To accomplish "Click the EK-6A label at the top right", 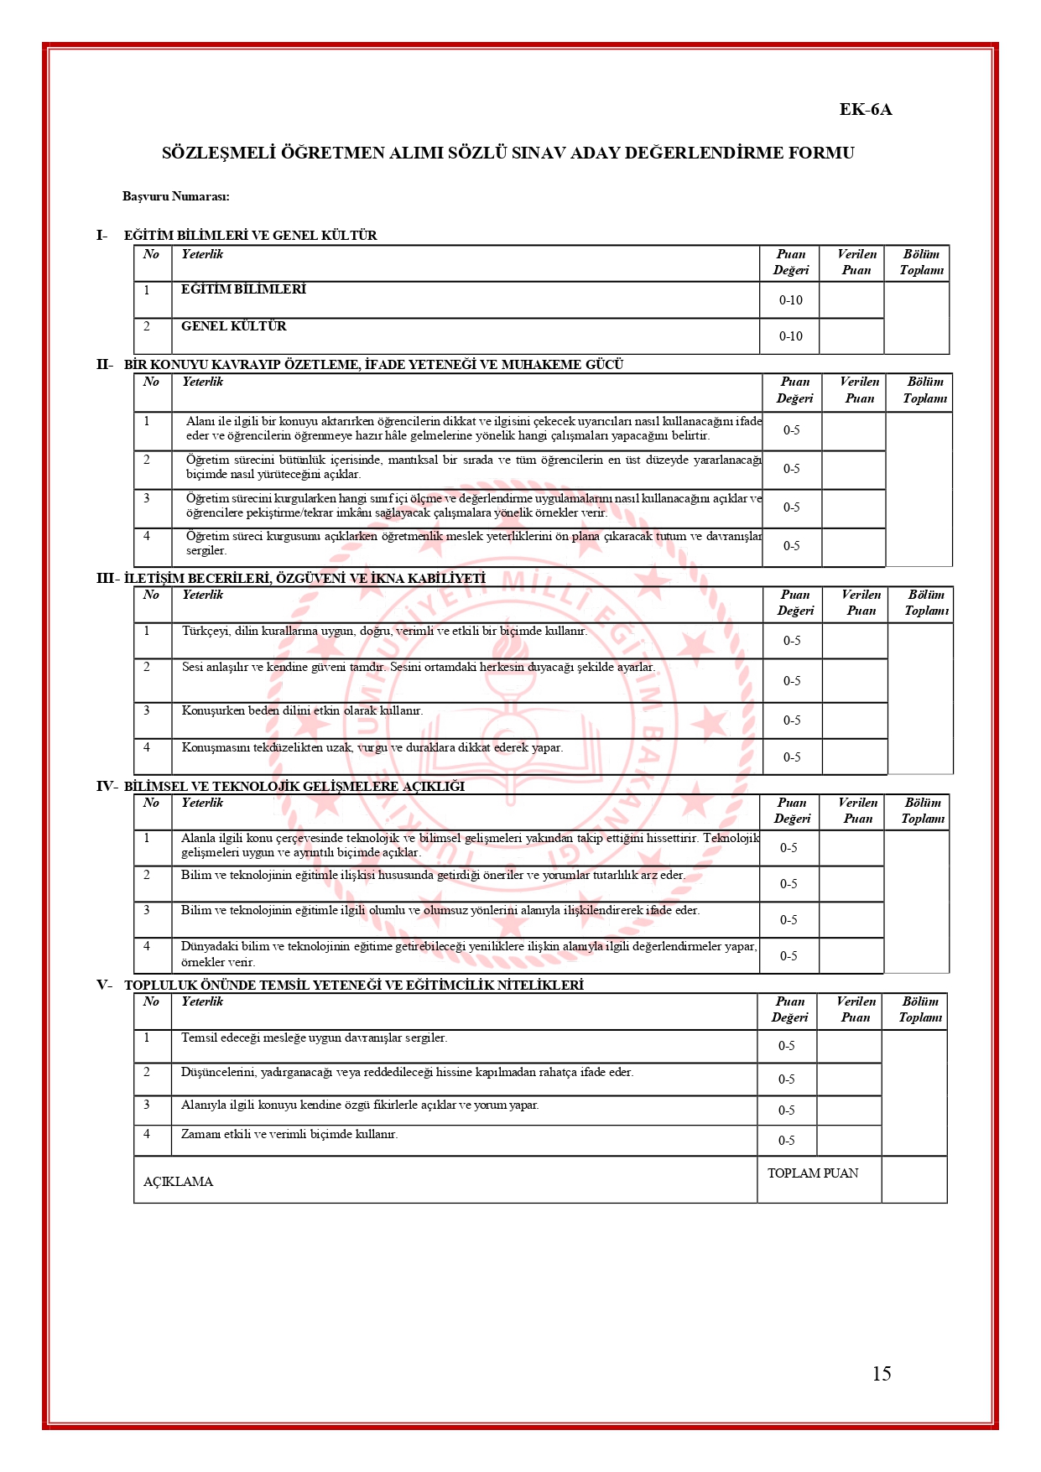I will (x=865, y=110).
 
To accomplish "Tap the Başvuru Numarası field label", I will (x=175, y=196).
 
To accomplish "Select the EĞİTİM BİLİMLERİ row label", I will (x=243, y=289).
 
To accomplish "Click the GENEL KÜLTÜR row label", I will (x=233, y=326).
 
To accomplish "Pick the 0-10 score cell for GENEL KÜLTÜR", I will (x=790, y=336).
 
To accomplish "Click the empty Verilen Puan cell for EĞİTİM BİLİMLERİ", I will (x=851, y=300).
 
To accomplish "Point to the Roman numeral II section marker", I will (x=103, y=364).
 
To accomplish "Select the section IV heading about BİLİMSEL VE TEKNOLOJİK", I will (x=294, y=786).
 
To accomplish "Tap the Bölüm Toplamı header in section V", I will (x=920, y=1009).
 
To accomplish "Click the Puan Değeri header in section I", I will (x=790, y=262).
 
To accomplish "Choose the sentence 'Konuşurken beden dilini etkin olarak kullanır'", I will (x=302, y=710).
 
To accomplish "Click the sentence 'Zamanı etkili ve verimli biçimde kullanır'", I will (x=289, y=1134).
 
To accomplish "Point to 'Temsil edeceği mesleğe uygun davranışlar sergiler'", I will (x=314, y=1038).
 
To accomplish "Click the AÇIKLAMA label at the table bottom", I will (x=178, y=1182).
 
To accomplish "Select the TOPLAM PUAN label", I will (x=813, y=1173).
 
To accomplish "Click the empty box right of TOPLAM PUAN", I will (x=914, y=1179).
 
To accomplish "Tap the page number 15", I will (x=881, y=1373).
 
